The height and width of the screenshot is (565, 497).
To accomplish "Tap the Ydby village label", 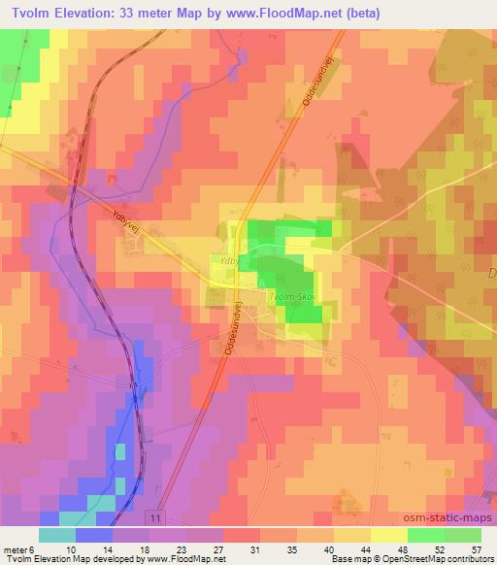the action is point(229,262).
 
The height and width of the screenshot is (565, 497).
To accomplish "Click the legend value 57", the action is point(478,548).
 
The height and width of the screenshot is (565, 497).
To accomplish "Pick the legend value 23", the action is point(182,548).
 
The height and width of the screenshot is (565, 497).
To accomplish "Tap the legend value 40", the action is point(330,548).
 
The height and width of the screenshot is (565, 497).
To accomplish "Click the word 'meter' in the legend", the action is point(17,548).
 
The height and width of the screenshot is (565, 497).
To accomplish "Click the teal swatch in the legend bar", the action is point(58,535).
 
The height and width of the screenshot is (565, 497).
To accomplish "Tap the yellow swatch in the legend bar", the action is point(389,535).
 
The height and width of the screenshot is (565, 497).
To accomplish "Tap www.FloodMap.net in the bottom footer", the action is point(184,560).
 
